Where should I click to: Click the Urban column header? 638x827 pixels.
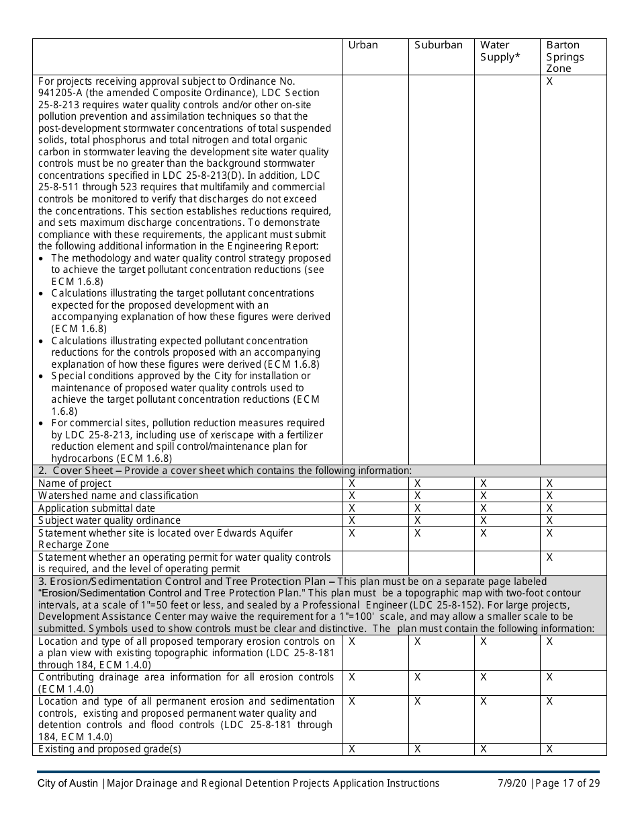(363, 45)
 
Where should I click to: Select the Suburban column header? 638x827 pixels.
(438, 45)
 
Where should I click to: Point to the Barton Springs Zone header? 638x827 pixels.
(565, 56)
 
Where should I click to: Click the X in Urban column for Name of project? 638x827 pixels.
(352, 483)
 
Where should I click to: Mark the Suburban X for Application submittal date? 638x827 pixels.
(417, 508)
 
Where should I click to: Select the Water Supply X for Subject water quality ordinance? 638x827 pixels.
(483, 520)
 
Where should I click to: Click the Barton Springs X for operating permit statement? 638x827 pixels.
(549, 557)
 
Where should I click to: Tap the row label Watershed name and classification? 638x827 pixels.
(118, 496)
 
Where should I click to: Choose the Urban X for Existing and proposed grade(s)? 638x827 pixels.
(352, 749)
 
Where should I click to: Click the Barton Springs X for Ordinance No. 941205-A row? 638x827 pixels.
(549, 81)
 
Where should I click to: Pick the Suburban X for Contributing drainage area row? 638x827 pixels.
(417, 677)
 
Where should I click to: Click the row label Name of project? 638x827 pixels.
(75, 483)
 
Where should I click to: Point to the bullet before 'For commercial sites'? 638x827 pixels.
(42, 424)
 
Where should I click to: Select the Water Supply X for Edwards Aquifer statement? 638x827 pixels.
(483, 533)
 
